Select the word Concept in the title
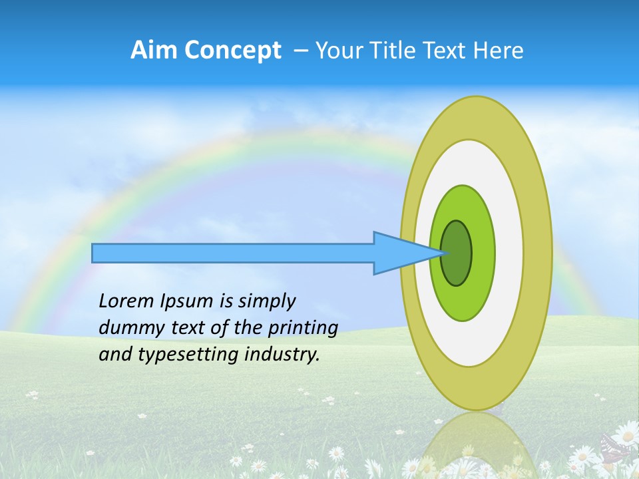(232, 51)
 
